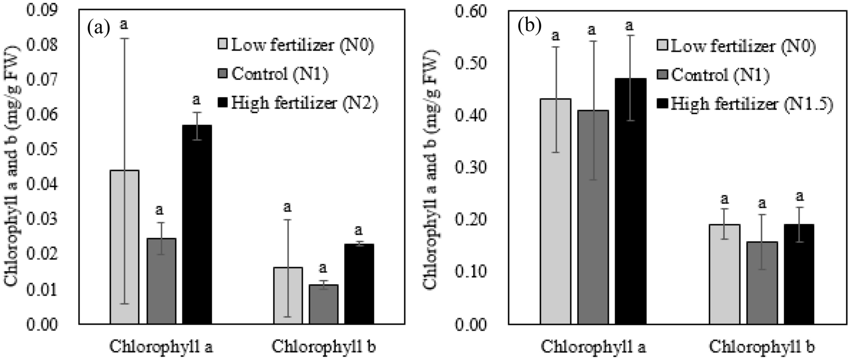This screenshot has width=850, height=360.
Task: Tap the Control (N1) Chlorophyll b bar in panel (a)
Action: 323,304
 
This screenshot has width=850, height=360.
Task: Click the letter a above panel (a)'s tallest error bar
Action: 124,24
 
